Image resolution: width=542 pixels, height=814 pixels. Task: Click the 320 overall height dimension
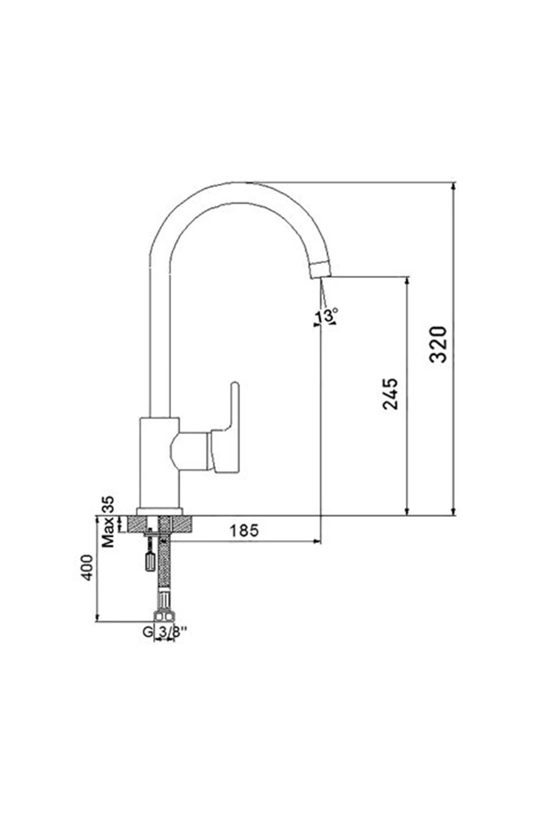click(438, 344)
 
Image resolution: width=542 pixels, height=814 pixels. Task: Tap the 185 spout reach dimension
click(244, 530)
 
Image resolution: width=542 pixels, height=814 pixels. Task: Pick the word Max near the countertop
click(108, 533)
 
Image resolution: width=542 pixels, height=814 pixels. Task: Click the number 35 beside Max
click(108, 504)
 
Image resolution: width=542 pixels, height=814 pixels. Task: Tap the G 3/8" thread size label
click(165, 632)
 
